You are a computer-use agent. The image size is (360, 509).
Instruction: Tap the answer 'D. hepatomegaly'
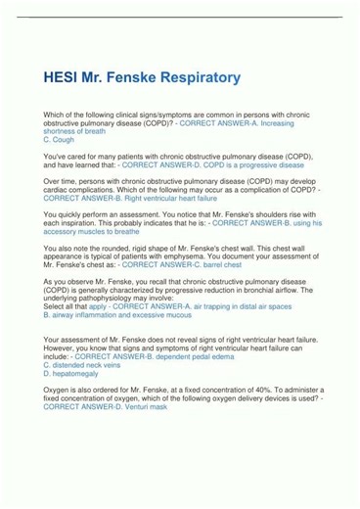click(x=72, y=373)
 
